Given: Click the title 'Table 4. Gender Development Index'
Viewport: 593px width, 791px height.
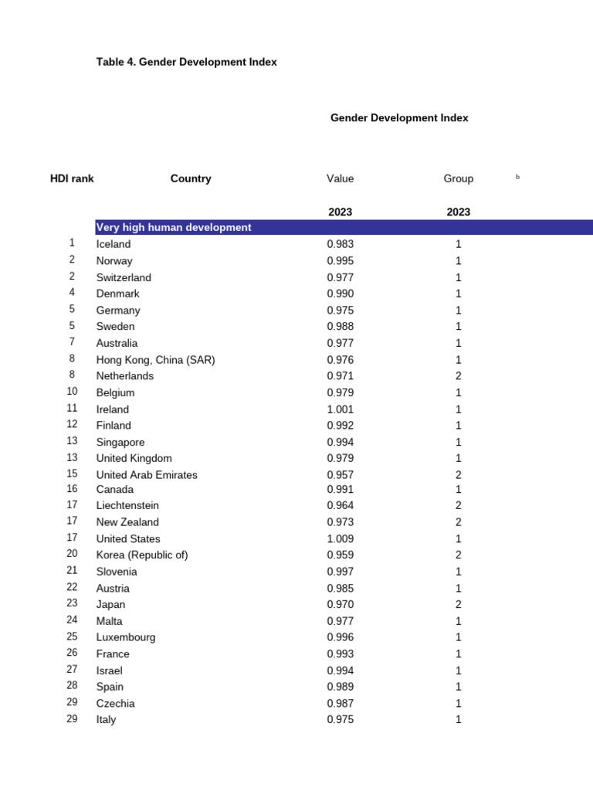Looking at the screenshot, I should tap(186, 62).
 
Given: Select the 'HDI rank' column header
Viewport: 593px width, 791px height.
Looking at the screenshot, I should tap(72, 178).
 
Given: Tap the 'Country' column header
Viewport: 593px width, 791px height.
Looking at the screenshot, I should tap(191, 178).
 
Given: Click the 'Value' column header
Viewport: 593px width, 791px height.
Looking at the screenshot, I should tap(340, 178).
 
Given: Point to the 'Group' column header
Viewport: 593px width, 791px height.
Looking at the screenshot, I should tap(458, 178).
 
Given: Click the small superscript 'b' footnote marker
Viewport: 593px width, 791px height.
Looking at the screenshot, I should tap(518, 177).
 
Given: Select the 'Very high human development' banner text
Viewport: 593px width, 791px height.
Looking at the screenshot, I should tap(174, 227).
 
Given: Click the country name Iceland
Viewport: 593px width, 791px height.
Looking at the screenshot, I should tap(114, 244).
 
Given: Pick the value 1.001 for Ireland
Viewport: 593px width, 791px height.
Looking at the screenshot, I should tap(340, 409).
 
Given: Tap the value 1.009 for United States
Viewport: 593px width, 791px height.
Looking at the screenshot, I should tap(340, 539).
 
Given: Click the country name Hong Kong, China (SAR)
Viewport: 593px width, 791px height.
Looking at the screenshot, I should tap(155, 360).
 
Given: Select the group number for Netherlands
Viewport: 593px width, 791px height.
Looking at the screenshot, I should tap(458, 376).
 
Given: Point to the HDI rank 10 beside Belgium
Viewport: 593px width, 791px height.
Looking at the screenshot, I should tap(72, 392).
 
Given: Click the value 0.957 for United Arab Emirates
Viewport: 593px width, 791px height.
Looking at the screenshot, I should tap(340, 475).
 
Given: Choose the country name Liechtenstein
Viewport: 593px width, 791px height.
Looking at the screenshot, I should tap(127, 506).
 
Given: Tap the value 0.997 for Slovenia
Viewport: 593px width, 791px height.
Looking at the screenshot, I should tap(340, 572).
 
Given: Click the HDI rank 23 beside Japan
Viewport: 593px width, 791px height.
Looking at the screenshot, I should tap(72, 604).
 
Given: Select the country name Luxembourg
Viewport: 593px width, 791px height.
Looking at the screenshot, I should tap(126, 637).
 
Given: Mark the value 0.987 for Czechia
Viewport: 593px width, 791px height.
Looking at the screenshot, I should tap(340, 704).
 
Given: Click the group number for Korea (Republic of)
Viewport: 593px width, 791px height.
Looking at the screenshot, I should tap(458, 555).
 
